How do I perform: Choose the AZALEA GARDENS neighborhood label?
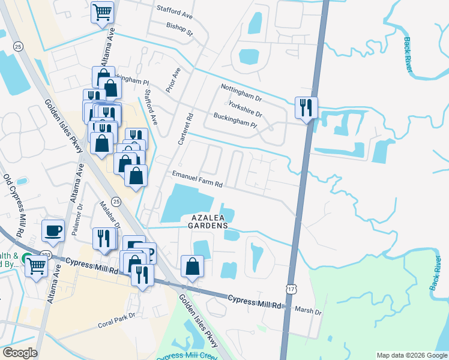[x=209, y=221]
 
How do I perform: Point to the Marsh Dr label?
[x=310, y=312]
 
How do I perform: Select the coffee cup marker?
[x=53, y=230]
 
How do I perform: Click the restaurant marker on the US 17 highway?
[x=306, y=107]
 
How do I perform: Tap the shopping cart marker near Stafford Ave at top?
[x=103, y=11]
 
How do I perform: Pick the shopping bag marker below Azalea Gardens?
[x=192, y=266]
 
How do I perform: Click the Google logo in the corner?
[x=20, y=352]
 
